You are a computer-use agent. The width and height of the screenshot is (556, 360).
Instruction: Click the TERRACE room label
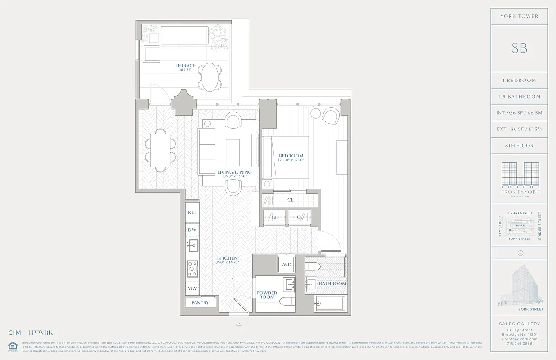[x=185, y=66]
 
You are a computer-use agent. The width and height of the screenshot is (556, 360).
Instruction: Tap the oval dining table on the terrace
[x=209, y=77]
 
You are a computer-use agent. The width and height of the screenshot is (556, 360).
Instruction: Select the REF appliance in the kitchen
[x=193, y=212]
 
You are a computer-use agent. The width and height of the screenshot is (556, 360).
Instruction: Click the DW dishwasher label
[x=192, y=229]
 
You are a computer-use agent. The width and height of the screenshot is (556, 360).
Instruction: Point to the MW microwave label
[x=192, y=288]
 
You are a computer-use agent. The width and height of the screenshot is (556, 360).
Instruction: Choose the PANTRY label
[x=200, y=303]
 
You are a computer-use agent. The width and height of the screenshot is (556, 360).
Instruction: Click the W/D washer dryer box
[x=286, y=264]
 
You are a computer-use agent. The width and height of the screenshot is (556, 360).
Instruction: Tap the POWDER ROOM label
[x=267, y=295]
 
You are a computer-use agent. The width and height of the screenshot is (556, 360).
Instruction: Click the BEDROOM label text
[x=291, y=156]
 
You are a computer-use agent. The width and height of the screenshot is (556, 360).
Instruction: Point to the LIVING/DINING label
[x=234, y=172]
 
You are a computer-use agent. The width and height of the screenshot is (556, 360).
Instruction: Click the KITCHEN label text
[x=227, y=258]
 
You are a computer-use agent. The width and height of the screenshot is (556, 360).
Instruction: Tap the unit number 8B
[x=519, y=48]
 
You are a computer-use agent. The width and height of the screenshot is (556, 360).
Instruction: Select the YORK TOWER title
[x=519, y=16]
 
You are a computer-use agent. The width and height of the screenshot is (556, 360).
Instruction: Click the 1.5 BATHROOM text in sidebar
[x=519, y=97]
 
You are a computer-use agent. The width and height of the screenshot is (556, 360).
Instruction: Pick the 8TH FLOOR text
[x=519, y=146]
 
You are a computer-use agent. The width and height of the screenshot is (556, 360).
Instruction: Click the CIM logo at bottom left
[x=14, y=333]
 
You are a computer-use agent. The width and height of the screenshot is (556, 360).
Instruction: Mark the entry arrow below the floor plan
[x=239, y=324]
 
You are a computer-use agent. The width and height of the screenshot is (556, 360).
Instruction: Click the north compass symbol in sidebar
[x=520, y=252]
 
